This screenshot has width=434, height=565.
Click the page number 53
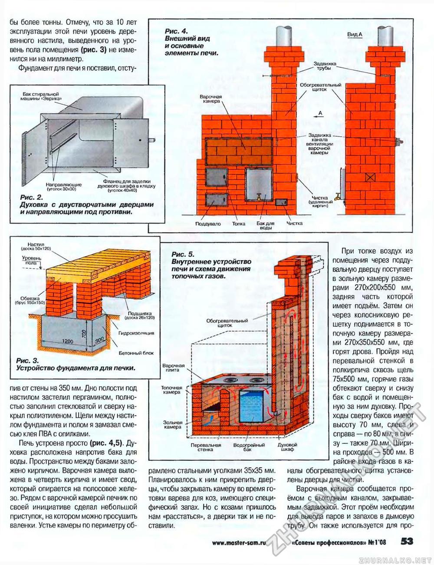tap(407, 541)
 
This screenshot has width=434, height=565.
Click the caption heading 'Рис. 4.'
tap(176, 31)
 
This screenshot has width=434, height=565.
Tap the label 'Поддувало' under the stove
tap(208, 224)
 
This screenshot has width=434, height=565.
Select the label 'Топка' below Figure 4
tap(239, 224)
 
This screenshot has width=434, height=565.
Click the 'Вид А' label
tap(355, 34)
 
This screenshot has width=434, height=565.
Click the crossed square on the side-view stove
tap(370, 177)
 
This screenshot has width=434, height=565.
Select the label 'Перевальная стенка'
tap(206, 447)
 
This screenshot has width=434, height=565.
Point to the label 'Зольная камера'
tap(172, 424)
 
